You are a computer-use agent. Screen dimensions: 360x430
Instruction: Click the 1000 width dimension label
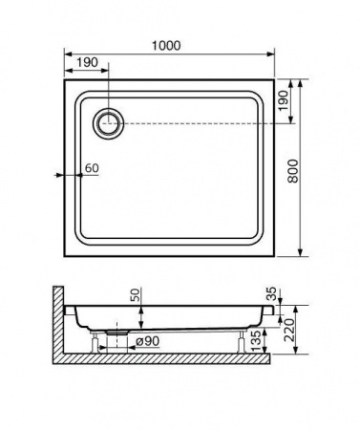coord(166,46)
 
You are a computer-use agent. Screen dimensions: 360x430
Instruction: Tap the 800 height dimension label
coord(293,171)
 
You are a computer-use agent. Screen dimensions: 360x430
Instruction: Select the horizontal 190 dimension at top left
coord(87,62)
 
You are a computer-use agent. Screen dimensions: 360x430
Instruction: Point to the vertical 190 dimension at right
coord(283,100)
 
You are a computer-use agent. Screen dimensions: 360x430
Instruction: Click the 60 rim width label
coord(92,168)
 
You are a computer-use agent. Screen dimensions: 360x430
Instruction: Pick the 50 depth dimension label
coord(135,295)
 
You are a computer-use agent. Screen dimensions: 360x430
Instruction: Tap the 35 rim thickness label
coord(271,294)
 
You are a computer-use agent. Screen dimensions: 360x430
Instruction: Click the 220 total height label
coord(289,330)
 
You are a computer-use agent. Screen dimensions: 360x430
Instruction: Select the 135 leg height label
coord(257,340)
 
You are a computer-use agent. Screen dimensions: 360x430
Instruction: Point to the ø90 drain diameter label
coord(147,341)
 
